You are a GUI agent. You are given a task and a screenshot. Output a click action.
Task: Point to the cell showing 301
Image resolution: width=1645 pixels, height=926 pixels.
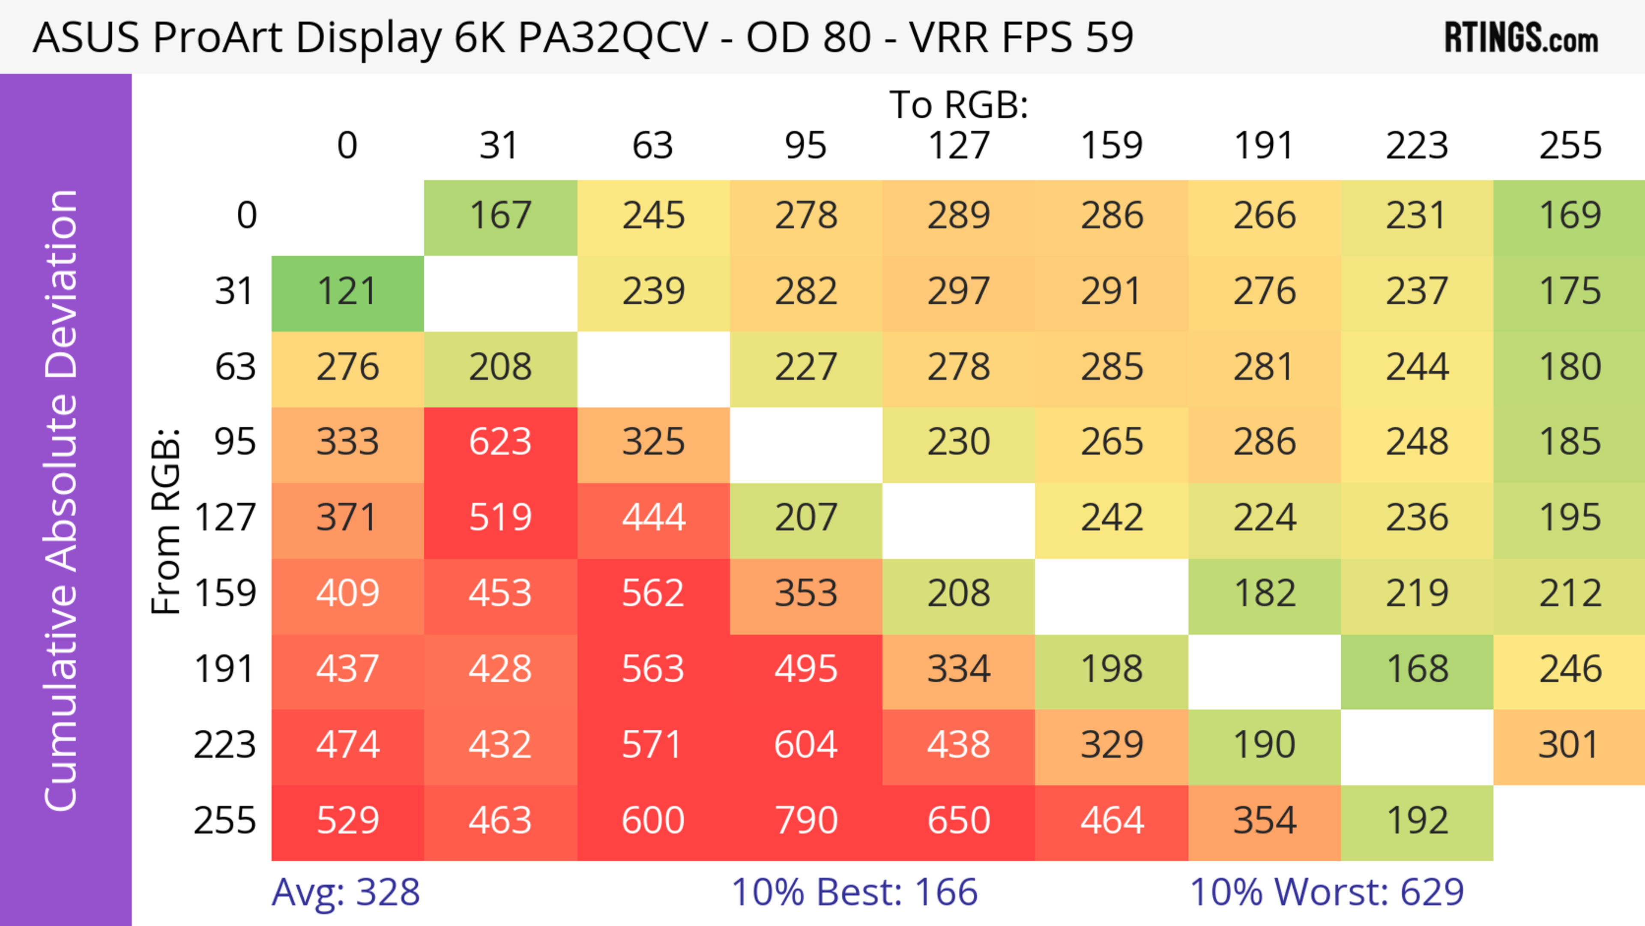click(1569, 745)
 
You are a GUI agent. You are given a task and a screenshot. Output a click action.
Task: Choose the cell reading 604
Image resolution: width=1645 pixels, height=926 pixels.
click(806, 745)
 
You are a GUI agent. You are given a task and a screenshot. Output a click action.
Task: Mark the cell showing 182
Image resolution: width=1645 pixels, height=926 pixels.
click(1265, 594)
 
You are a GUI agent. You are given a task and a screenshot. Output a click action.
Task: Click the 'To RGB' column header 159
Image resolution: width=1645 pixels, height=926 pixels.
click(1112, 146)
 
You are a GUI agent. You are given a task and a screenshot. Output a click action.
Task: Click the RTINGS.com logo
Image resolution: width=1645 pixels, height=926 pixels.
click(1521, 38)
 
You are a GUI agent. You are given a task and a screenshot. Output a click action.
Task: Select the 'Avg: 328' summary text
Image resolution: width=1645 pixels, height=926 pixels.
click(345, 892)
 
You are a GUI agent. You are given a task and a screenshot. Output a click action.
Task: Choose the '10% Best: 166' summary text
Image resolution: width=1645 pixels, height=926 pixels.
click(855, 892)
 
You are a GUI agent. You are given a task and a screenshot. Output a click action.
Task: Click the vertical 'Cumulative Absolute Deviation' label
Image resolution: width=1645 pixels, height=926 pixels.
click(62, 500)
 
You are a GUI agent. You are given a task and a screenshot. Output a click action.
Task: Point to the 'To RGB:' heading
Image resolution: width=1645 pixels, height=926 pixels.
click(959, 105)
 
